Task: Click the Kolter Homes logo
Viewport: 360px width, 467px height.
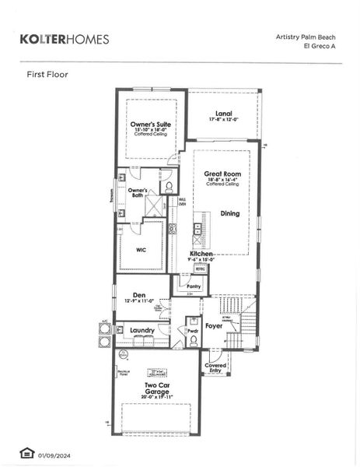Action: [64, 39]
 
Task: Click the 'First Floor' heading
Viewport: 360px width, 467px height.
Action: [48, 75]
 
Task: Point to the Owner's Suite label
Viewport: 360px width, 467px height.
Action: [152, 125]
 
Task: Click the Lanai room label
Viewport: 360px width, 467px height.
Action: [223, 114]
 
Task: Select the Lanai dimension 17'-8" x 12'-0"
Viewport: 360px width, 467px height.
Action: [223, 120]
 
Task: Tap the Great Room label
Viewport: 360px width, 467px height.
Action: [222, 174]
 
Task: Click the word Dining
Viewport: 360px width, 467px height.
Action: [229, 212]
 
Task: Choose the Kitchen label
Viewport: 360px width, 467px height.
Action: [201, 254]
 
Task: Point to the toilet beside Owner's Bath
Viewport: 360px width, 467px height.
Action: [166, 187]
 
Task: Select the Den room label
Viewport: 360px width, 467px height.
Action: [139, 295]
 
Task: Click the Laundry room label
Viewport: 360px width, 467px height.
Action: [142, 330]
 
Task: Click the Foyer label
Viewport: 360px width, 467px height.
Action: [214, 325]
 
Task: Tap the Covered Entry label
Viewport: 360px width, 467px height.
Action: [215, 367]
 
